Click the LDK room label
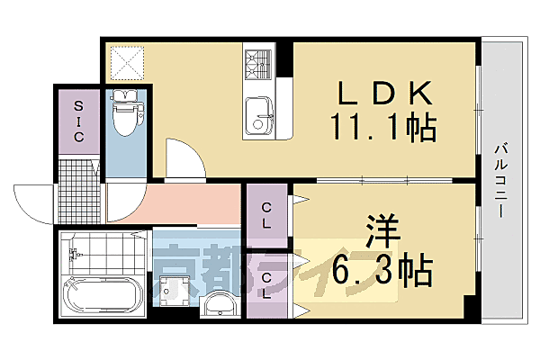pos(386,93)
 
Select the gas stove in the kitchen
pos(258,62)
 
